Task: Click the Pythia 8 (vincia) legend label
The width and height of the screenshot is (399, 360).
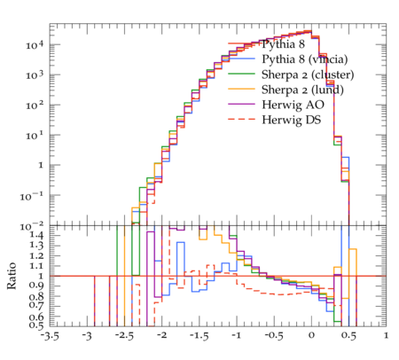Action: pos(305,59)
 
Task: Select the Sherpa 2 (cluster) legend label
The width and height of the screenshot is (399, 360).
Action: pos(308,74)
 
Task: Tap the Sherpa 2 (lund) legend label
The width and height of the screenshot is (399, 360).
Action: pos(302,90)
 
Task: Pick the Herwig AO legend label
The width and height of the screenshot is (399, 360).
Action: pos(293,105)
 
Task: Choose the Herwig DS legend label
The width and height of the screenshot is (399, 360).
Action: pos(292,120)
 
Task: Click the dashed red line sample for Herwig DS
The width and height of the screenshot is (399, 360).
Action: pos(241,119)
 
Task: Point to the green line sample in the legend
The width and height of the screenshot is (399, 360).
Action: pos(241,74)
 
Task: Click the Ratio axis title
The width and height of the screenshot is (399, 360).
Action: pos(12,276)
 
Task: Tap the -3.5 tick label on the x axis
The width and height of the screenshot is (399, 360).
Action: pos(50,336)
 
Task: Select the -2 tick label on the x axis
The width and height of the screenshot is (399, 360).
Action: pos(160,336)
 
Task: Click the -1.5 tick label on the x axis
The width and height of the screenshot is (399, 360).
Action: pos(199,336)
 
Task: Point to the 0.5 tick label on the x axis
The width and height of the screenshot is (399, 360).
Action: pos(348,336)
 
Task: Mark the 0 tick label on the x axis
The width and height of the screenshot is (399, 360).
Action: pos(311,336)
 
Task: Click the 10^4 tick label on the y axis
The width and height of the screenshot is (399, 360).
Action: pos(35,45)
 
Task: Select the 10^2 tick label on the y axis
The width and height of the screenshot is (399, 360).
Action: pos(35,106)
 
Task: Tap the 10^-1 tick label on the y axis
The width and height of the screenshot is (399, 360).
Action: pos(32,196)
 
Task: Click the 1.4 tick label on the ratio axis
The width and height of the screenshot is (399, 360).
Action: pos(36,236)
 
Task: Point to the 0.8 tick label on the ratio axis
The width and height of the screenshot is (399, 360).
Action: pos(36,296)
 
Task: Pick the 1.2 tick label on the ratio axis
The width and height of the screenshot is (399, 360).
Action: pos(36,256)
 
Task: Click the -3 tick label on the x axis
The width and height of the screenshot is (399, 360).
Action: pos(87,336)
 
